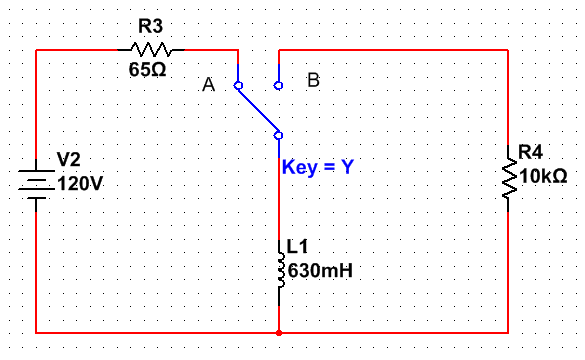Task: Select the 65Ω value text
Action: (x=148, y=72)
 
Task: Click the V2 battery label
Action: (x=68, y=159)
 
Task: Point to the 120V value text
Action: (x=81, y=184)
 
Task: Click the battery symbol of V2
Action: (x=37, y=184)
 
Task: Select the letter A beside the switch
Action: (x=208, y=86)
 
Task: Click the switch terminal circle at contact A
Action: (x=238, y=86)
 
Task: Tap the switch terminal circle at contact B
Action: (x=279, y=86)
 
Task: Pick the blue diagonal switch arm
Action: (x=258, y=110)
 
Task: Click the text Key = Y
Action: (x=317, y=167)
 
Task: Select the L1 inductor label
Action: (x=296, y=245)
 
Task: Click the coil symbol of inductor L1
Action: (x=280, y=264)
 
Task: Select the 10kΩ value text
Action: (x=543, y=176)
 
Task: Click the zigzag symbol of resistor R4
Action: (x=508, y=180)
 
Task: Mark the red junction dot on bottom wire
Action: (x=279, y=332)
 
